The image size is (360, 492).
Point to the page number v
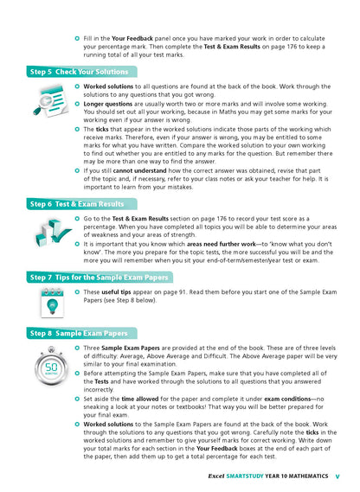pos(337,476)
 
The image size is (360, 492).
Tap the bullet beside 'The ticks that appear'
pos(77,128)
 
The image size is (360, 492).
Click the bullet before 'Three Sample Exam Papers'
pos(77,347)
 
